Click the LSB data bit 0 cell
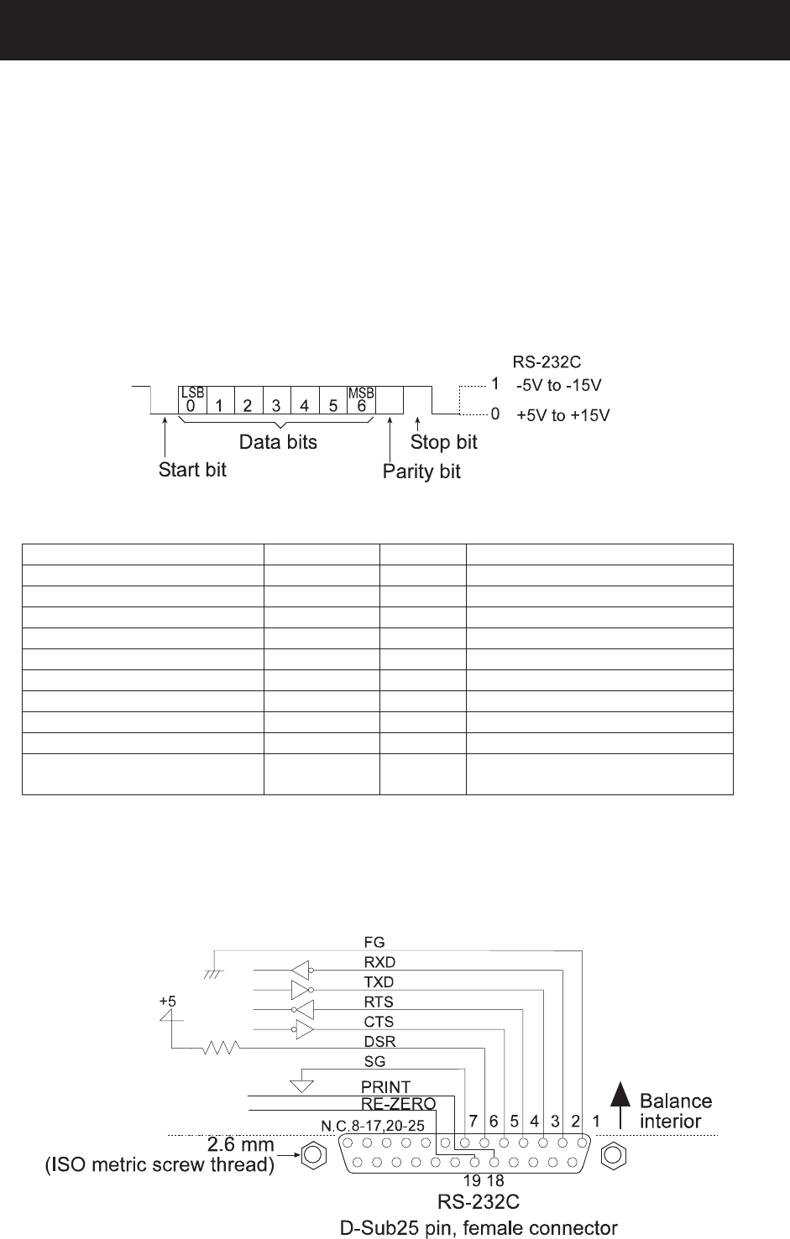tap(192, 400)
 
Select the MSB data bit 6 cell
tap(361, 400)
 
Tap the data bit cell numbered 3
tap(277, 400)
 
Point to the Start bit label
tap(192, 470)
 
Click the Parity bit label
tap(421, 471)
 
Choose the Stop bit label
tap(443, 442)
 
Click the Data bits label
tap(278, 442)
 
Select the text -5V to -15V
tap(558, 385)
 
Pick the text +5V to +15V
tap(563, 415)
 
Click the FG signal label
tap(374, 942)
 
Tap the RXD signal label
tap(379, 962)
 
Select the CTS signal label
tap(379, 1022)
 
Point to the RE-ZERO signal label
tap(398, 1103)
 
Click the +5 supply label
tap(167, 1001)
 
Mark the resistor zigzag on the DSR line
tap(221, 1047)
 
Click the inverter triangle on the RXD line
tap(301, 971)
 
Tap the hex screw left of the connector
tap(313, 1155)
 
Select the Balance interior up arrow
tap(620, 1105)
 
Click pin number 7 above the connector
tap(473, 1122)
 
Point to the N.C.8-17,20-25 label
tap(373, 1126)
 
